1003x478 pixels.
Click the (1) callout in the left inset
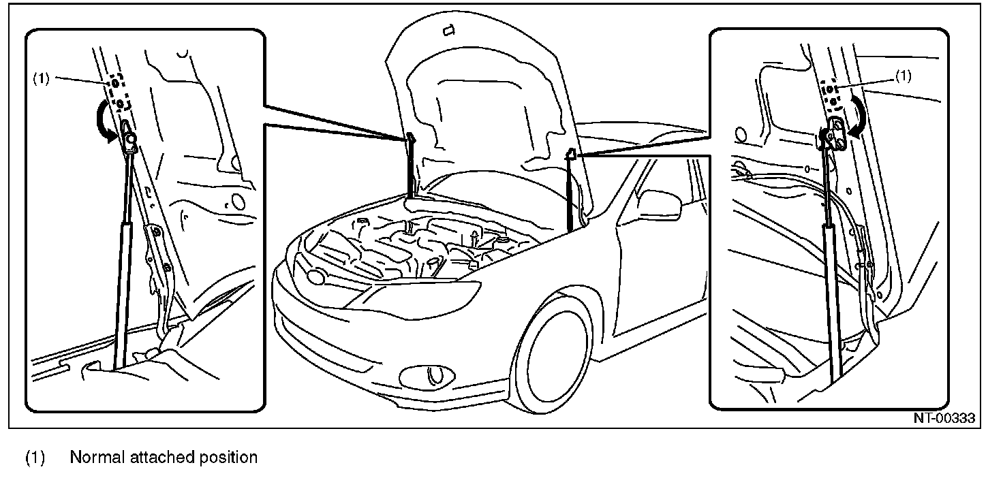click(41, 78)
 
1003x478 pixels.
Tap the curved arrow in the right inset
click(858, 115)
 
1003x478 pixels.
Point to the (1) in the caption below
click(34, 457)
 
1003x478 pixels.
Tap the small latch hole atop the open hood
click(448, 30)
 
